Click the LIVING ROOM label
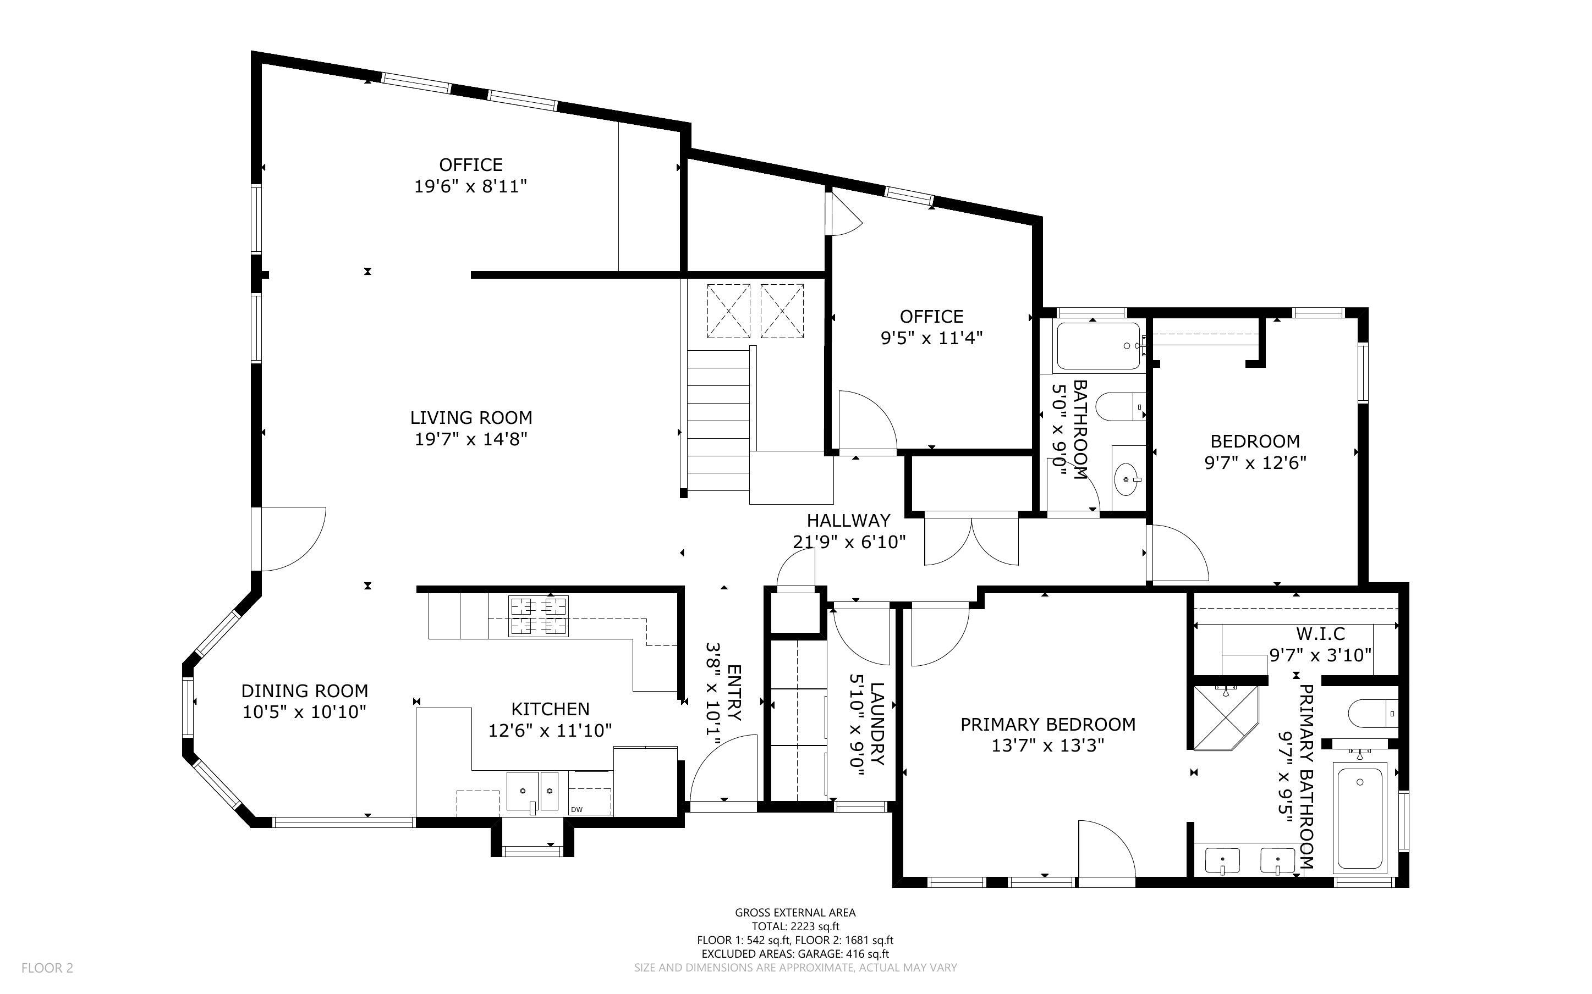pyautogui.click(x=471, y=417)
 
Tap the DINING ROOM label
pyautogui.click(x=304, y=691)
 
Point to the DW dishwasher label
pyautogui.click(x=577, y=809)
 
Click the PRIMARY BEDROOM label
pyautogui.click(x=1047, y=725)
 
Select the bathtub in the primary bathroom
pyautogui.click(x=1360, y=818)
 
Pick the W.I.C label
pyautogui.click(x=1320, y=634)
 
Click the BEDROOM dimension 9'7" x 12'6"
pyautogui.click(x=1255, y=463)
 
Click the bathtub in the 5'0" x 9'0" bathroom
pyautogui.click(x=1098, y=346)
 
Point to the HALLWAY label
pyautogui.click(x=848, y=521)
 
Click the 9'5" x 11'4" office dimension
pyautogui.click(x=931, y=339)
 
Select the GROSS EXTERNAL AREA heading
pyautogui.click(x=795, y=913)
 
